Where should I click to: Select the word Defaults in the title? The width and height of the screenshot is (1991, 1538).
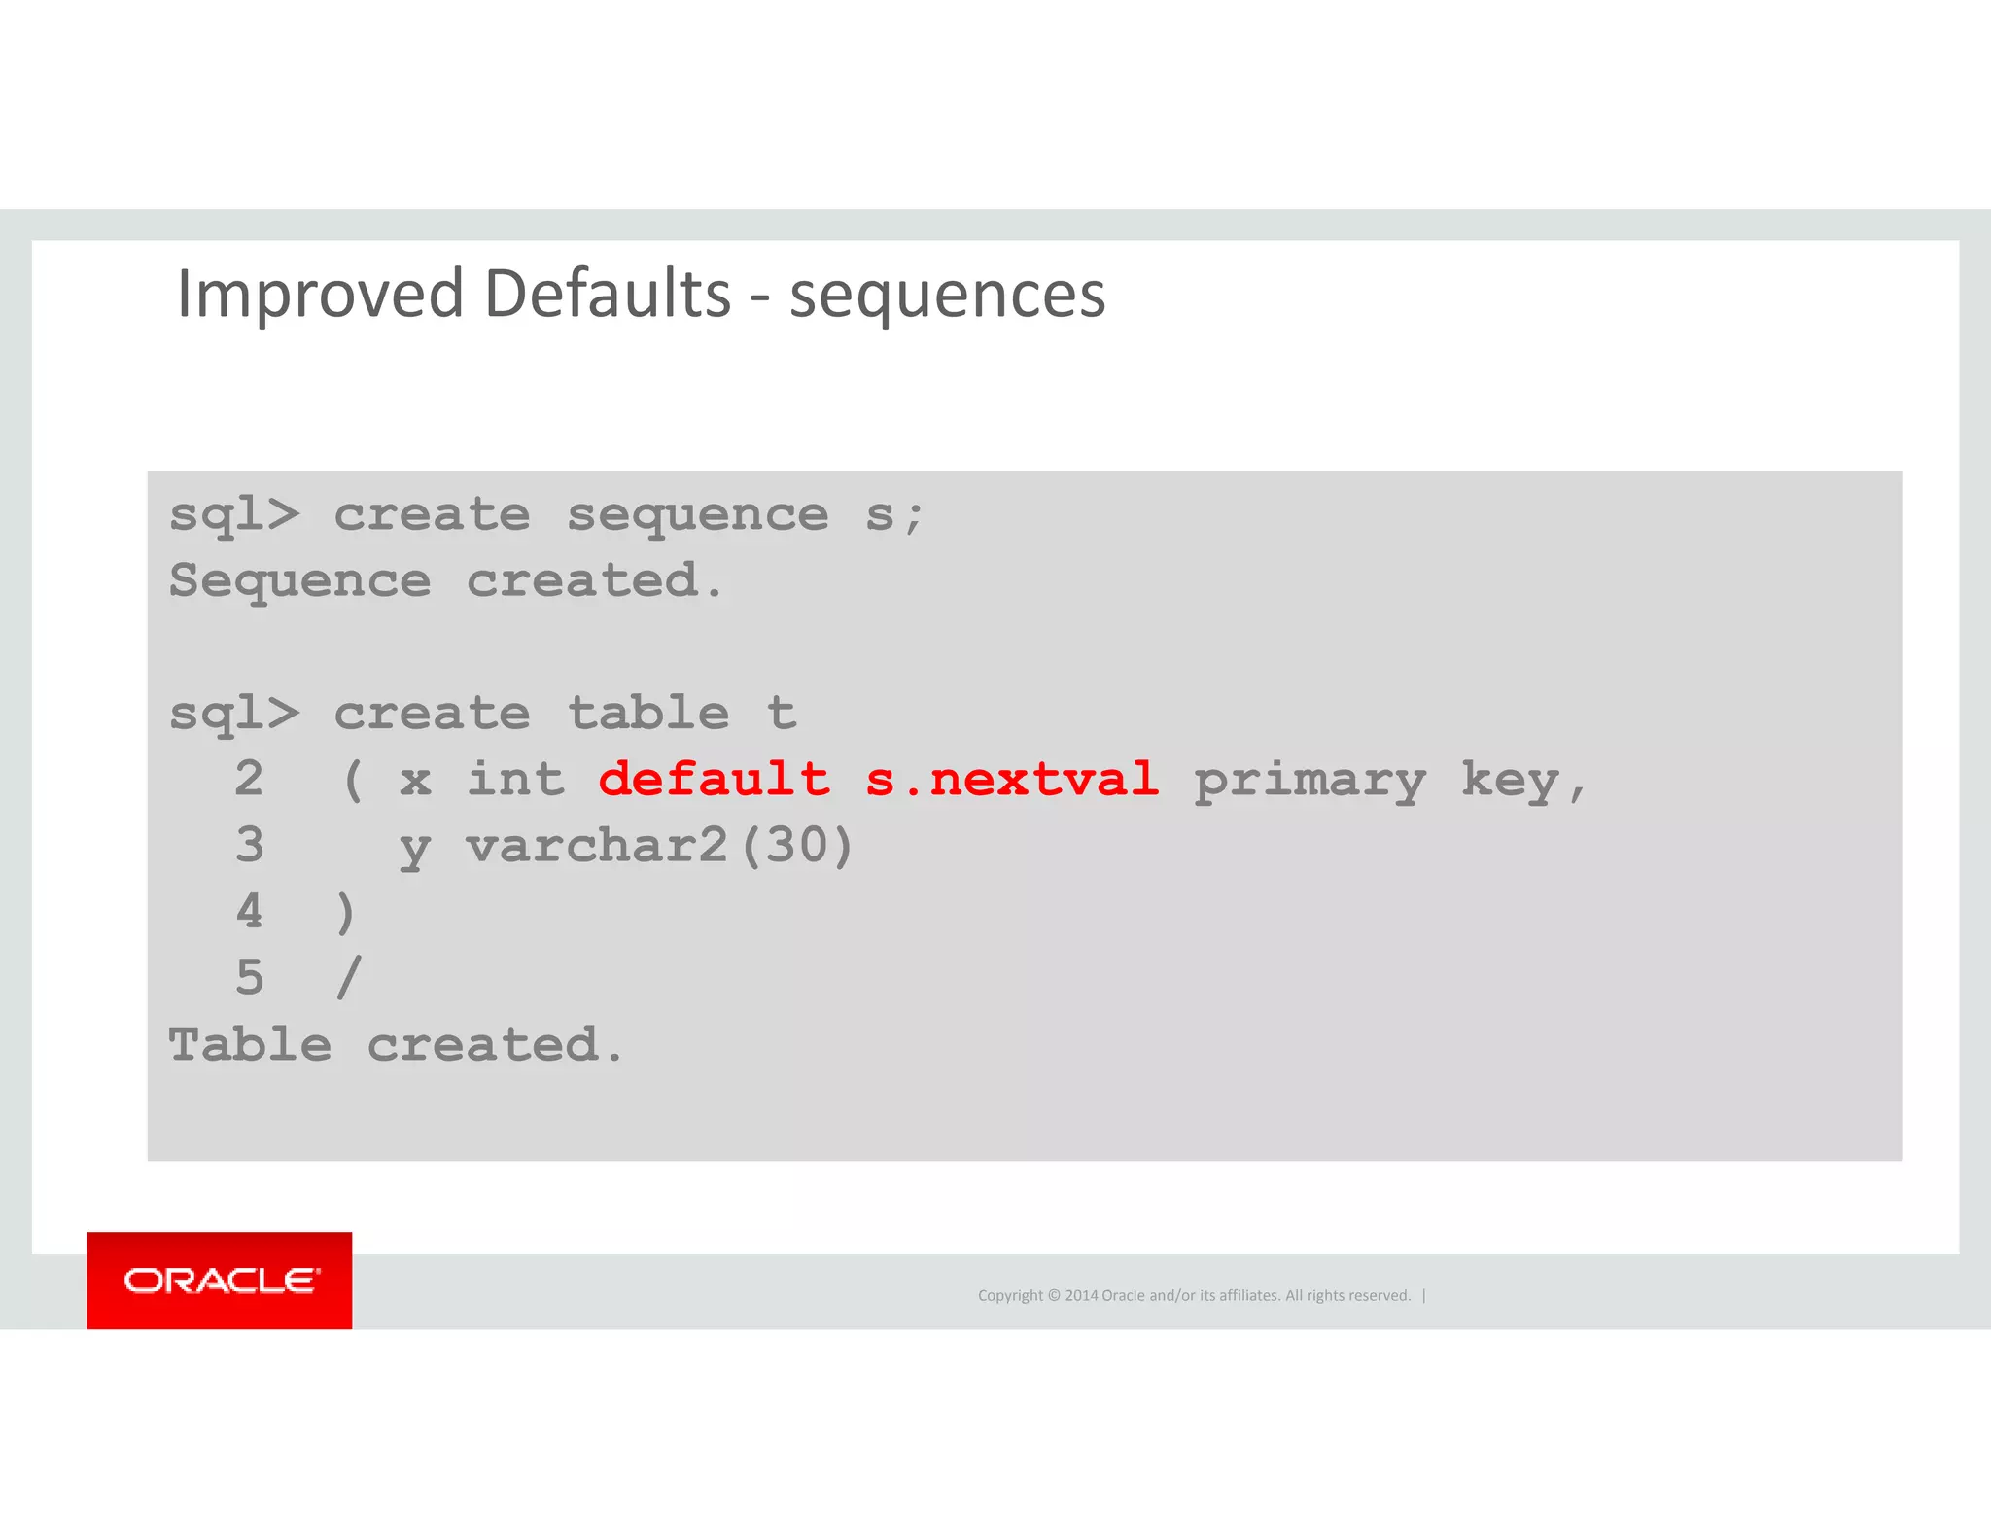point(607,295)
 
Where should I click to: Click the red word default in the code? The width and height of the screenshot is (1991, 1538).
point(715,780)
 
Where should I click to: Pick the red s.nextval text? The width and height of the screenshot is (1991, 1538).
point(1012,780)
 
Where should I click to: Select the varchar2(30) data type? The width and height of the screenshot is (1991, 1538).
point(659,846)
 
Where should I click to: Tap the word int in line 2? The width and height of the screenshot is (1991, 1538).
point(515,780)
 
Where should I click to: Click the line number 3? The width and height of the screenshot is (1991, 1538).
point(250,846)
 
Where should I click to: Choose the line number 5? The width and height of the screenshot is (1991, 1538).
point(250,978)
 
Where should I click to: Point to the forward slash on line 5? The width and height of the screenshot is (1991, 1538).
point(349,978)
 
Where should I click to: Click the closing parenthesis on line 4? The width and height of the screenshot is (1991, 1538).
point(346,913)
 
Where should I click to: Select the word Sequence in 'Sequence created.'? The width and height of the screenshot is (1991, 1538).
point(299,582)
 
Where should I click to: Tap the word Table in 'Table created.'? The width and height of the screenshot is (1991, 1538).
point(250,1045)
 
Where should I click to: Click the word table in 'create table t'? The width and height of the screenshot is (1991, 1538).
point(648,714)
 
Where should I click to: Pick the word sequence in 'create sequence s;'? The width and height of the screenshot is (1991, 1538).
point(697,515)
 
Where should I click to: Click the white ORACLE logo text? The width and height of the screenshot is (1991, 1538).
point(221,1280)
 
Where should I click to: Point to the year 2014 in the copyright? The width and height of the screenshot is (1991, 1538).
point(1080,1296)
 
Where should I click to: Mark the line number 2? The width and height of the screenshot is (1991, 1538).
point(250,780)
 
